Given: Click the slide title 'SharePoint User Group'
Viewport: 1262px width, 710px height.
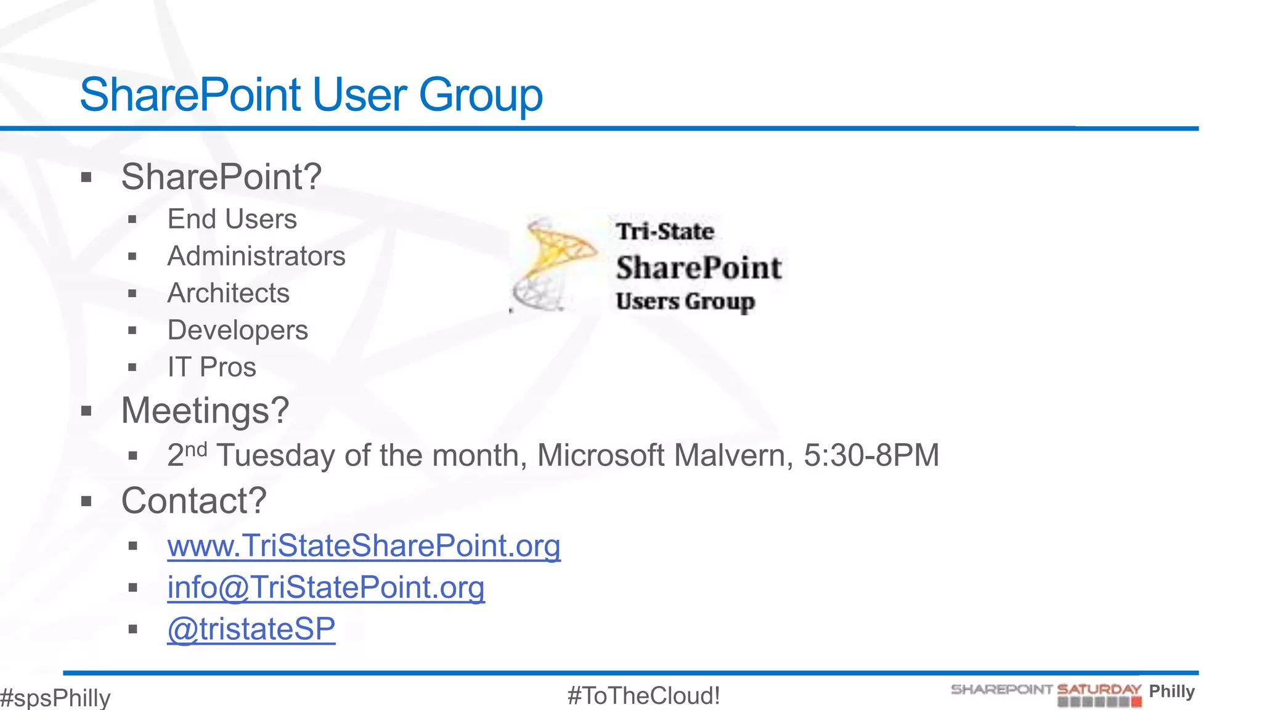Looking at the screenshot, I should click(x=311, y=95).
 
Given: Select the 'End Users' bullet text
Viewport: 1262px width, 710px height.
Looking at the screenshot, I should click(x=232, y=219).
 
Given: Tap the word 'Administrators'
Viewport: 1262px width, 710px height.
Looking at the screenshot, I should click(x=256, y=256).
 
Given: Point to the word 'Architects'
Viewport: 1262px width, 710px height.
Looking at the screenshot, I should click(x=228, y=293).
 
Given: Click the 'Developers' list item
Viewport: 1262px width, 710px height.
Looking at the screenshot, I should click(x=237, y=330).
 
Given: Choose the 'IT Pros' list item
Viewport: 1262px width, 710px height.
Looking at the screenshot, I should click(x=211, y=367).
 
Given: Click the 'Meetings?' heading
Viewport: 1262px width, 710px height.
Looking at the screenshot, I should click(x=205, y=410).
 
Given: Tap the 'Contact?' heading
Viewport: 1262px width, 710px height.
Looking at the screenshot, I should click(x=193, y=500).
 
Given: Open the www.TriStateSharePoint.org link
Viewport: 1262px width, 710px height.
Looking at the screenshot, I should click(x=364, y=546).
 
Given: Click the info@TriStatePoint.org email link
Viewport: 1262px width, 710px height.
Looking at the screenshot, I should click(x=325, y=587).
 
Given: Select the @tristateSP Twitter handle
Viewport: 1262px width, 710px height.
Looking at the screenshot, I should click(x=251, y=629).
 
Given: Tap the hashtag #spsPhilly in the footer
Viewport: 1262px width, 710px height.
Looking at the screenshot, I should click(x=55, y=698).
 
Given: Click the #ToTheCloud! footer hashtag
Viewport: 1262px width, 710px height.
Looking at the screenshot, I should click(x=643, y=696).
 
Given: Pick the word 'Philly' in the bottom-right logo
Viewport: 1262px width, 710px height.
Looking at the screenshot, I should click(x=1171, y=691).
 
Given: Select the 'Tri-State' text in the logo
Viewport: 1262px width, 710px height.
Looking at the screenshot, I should click(x=665, y=232).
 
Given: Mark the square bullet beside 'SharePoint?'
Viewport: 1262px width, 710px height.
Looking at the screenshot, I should click(x=86, y=178).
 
